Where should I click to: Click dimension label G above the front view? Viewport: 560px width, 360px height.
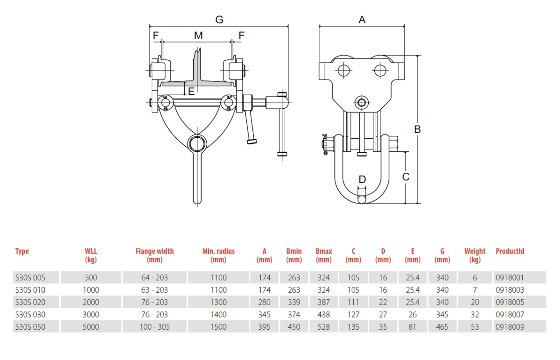(x=219, y=20)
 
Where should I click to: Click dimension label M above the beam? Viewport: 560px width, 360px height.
(x=198, y=35)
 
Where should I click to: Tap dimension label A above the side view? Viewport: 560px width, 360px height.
(x=362, y=20)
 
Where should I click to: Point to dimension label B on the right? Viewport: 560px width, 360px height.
(x=417, y=129)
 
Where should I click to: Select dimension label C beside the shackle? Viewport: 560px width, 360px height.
(x=406, y=176)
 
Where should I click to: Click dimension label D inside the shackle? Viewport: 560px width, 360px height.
(x=362, y=179)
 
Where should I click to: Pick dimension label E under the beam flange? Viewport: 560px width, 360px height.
(x=191, y=92)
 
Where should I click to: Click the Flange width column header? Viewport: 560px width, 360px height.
(x=154, y=255)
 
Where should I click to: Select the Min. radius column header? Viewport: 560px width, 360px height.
(x=218, y=255)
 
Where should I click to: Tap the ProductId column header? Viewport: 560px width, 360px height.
(x=510, y=251)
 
